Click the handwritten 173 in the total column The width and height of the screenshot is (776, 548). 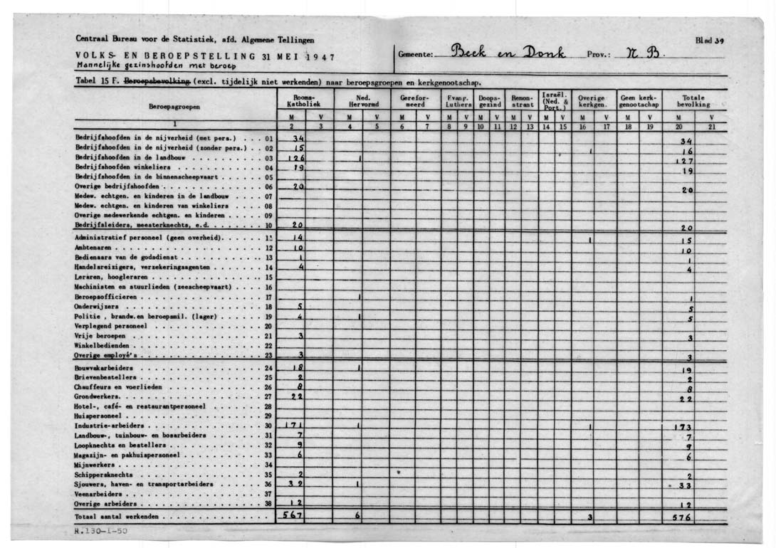tap(683, 427)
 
